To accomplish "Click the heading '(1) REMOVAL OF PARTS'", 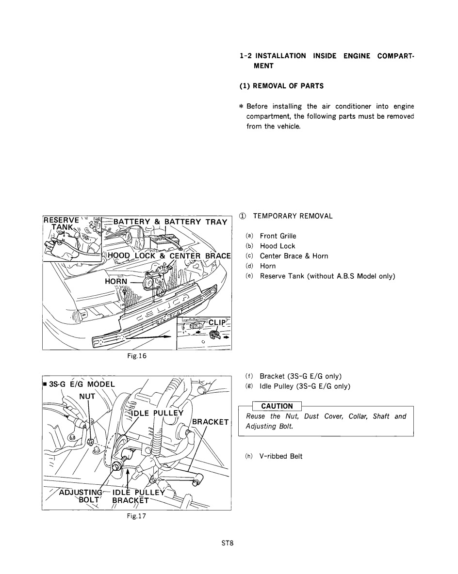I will pyautogui.click(x=282, y=86).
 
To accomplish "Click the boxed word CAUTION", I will pyautogui.click(x=277, y=406).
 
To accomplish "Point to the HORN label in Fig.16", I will pyautogui.click(x=116, y=281).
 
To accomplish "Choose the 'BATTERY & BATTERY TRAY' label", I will pyautogui.click(x=170, y=222).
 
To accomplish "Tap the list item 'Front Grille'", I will pyautogui.click(x=278, y=236).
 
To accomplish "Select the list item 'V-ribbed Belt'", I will pyautogui.click(x=281, y=456).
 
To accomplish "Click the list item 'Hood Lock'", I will pyautogui.click(x=277, y=246).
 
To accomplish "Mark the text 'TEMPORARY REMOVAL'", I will pyautogui.click(x=293, y=216).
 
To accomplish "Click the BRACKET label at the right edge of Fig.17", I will pyautogui.click(x=211, y=422).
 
